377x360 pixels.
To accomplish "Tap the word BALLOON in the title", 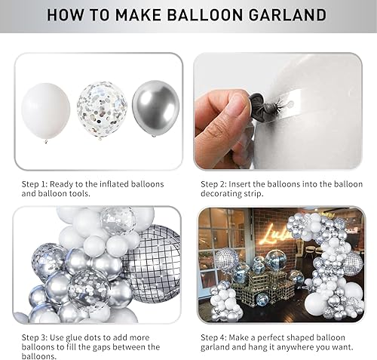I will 216,15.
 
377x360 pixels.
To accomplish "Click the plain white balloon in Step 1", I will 46,111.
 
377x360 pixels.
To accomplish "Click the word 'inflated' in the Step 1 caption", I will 112,183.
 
